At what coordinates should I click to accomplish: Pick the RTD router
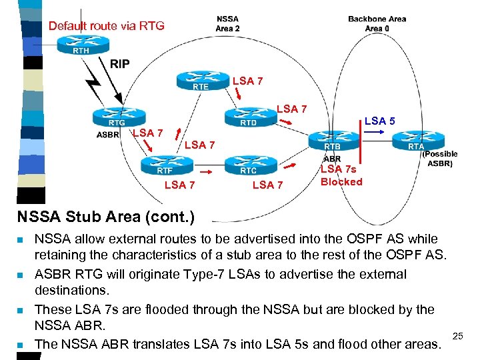point(248,117)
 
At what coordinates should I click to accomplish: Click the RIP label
point(120,64)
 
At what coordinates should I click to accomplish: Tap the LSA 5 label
point(379,121)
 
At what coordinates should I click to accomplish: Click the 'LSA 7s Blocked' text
point(341,175)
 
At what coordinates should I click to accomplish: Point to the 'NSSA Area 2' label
point(228,23)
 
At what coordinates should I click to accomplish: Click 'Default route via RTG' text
point(106,26)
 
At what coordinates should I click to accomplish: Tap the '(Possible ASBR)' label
point(440,158)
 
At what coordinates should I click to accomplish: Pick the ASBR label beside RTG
point(108,133)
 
